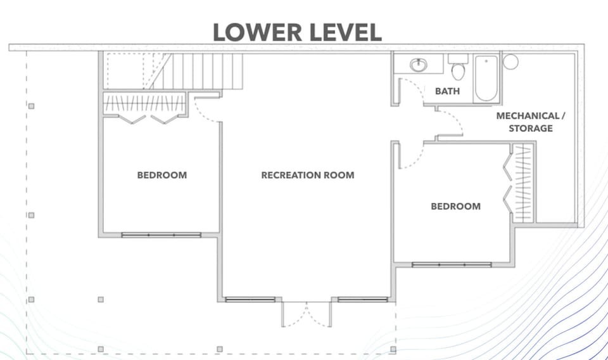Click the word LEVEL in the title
(x=345, y=32)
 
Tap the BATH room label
(x=447, y=91)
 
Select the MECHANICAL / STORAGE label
(x=528, y=122)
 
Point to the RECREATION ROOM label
(x=308, y=175)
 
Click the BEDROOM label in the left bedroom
(x=162, y=175)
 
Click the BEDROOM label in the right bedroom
(x=455, y=206)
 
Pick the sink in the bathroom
(x=418, y=65)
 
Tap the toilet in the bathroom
(x=458, y=68)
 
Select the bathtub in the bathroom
(x=486, y=78)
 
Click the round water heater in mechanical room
(x=510, y=62)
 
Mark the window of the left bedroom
(x=161, y=235)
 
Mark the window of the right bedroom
(x=452, y=264)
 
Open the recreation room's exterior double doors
(x=307, y=314)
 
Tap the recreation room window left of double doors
(x=241, y=299)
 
